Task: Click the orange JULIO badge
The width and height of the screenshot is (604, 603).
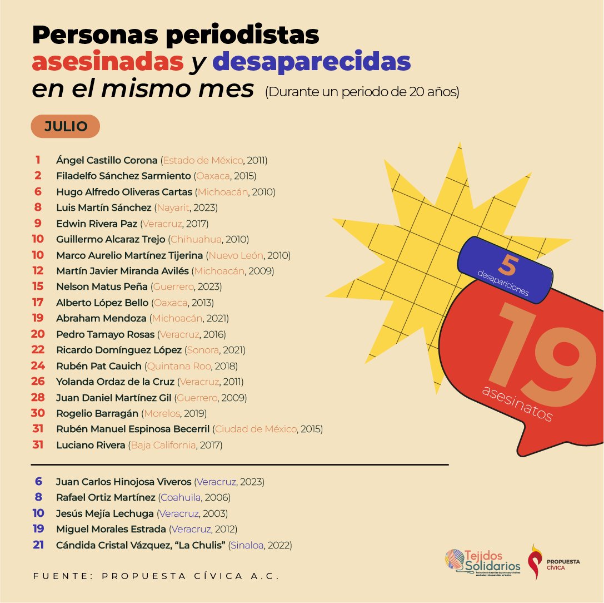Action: [65, 126]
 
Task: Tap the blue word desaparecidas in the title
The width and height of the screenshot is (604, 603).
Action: [312, 63]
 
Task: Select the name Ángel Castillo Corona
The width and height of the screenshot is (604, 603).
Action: [107, 160]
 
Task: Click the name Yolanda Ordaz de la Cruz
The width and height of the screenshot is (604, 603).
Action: [115, 382]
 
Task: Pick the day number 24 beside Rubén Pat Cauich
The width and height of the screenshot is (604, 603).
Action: [38, 366]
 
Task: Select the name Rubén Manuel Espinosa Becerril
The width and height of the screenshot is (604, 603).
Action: [133, 429]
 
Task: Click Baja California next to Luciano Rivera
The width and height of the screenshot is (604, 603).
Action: [163, 445]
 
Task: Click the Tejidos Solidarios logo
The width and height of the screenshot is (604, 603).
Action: [482, 562]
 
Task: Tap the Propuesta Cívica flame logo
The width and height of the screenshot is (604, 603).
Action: [536, 562]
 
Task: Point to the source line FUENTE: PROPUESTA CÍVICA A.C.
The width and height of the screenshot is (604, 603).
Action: [156, 576]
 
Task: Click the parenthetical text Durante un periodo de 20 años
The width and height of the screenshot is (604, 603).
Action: [362, 92]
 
